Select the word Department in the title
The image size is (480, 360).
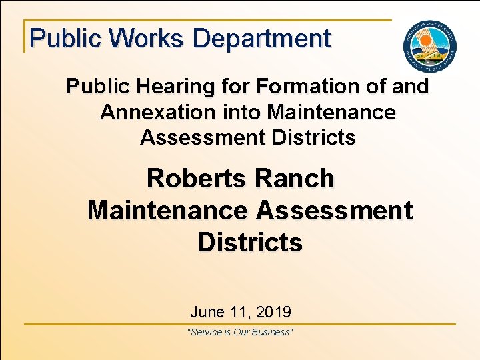tap(261, 38)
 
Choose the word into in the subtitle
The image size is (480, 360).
tap(241, 112)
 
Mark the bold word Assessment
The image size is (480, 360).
tap(334, 211)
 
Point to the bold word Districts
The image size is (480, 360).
tap(250, 243)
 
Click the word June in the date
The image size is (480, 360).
tap(207, 311)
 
